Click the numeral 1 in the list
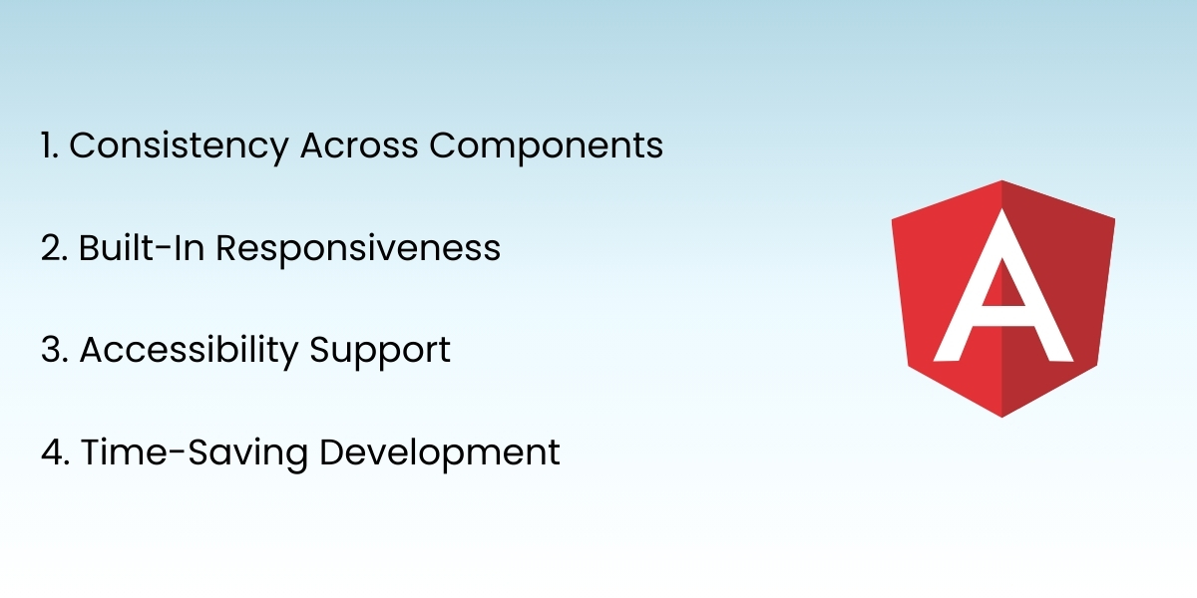click(x=48, y=147)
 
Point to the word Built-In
click(x=141, y=248)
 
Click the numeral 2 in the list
click(x=52, y=249)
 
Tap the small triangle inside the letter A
click(x=1002, y=289)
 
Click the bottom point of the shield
click(x=1002, y=416)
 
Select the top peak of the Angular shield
click(x=1002, y=182)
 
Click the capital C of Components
click(x=445, y=147)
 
